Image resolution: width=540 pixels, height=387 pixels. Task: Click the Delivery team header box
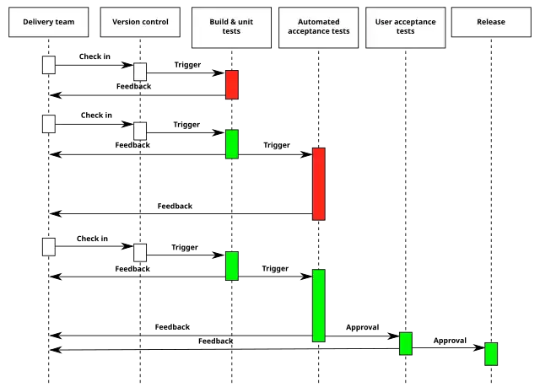49,22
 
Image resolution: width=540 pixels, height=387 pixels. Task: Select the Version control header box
140,22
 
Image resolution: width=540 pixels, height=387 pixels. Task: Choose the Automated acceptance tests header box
318,26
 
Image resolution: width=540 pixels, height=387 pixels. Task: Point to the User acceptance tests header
406,26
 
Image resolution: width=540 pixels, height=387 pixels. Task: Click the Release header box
491,22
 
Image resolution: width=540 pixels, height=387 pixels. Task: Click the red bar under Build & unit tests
232,84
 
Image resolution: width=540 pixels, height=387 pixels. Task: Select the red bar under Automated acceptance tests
318,184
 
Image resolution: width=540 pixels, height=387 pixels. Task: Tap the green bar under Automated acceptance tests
318,305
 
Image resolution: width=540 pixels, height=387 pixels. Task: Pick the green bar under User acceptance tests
406,343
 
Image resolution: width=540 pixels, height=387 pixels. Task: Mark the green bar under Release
491,353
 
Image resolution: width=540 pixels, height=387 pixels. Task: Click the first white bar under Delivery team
49,64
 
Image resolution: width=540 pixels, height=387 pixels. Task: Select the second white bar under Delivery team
49,124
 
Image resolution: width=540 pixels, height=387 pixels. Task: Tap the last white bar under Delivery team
49,246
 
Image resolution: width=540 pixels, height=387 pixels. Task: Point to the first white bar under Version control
140,72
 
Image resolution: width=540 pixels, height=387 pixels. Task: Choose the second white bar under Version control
140,131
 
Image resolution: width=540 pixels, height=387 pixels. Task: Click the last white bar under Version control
140,252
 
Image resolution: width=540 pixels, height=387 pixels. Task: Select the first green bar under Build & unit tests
232,144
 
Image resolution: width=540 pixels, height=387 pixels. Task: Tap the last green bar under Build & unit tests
232,266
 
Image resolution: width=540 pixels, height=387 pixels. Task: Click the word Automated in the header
318,21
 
